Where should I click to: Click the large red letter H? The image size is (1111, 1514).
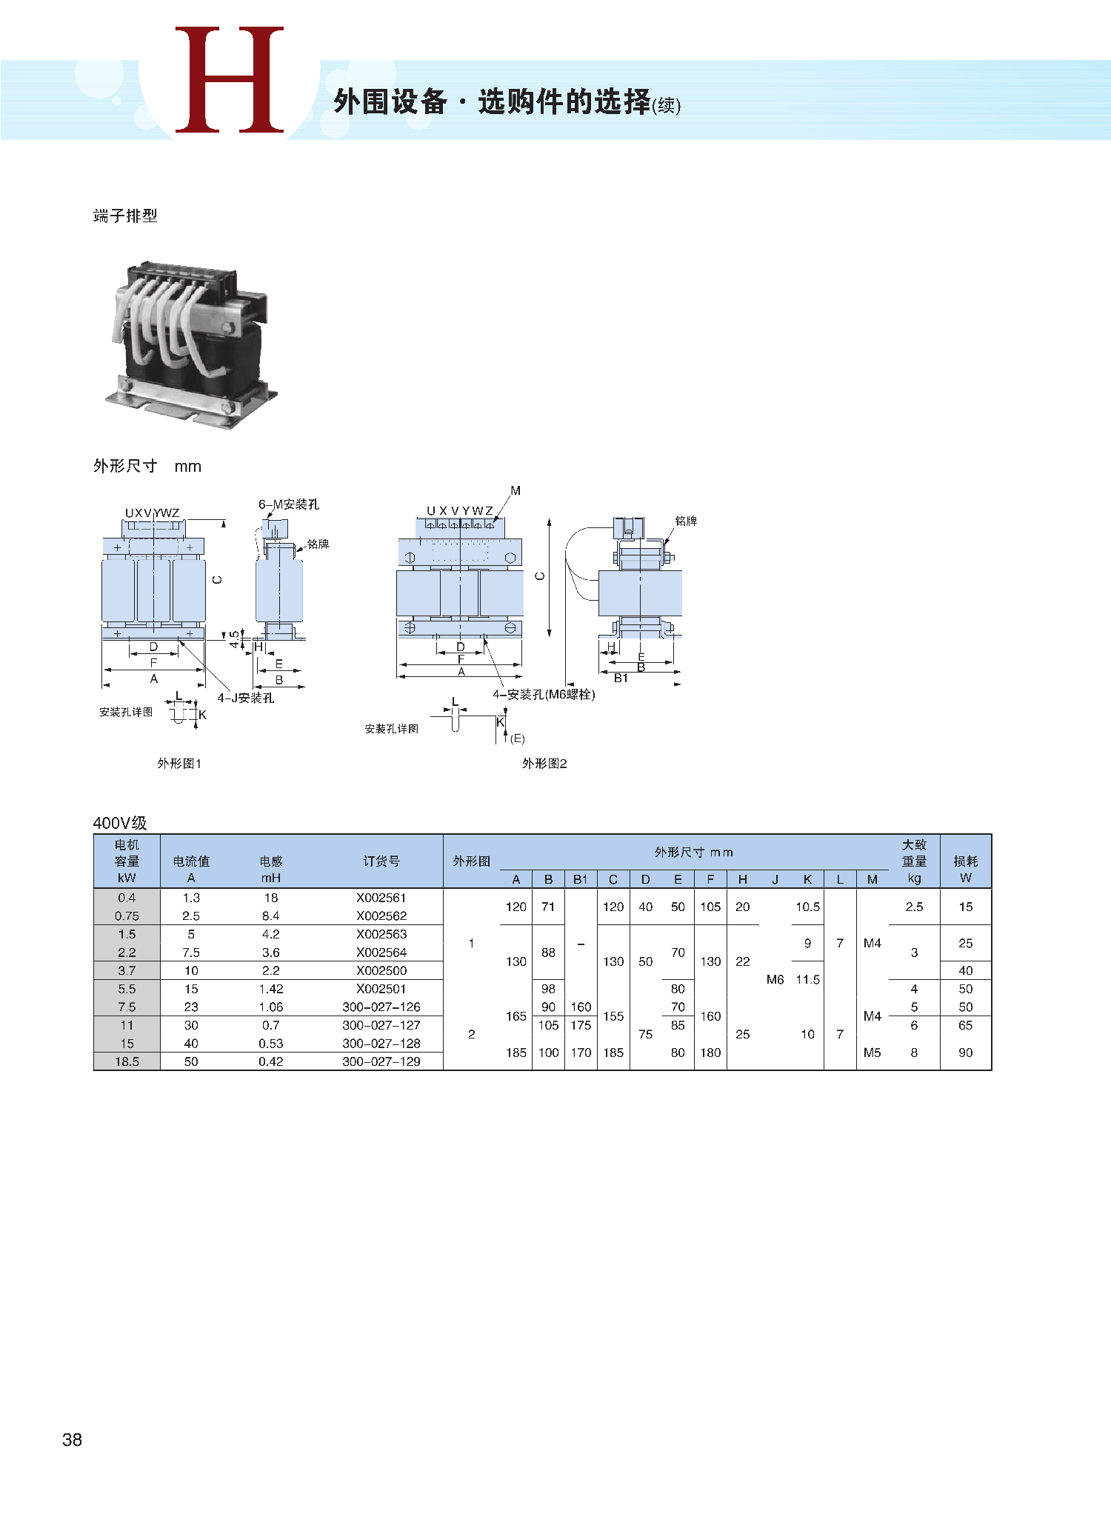(230, 80)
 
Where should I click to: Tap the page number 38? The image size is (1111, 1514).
(72, 1439)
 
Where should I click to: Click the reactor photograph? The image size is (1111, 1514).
(190, 344)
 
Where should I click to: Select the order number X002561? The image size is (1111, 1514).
(381, 898)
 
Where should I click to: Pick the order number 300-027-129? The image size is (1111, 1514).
(381, 1061)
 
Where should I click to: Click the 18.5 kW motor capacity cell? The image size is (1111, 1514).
(127, 1061)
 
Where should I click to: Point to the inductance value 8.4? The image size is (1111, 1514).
(271, 916)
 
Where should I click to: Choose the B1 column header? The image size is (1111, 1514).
(581, 879)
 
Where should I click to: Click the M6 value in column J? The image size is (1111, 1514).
(775, 979)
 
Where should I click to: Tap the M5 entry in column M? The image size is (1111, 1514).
(873, 1053)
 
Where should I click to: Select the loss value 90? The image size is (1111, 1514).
(966, 1053)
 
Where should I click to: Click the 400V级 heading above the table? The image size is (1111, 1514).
(120, 823)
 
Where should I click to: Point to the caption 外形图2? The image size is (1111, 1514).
(544, 764)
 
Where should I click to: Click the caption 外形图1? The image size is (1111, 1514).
(179, 764)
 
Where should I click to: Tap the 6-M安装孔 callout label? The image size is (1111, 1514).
(289, 504)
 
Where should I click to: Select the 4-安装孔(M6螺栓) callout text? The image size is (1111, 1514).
(544, 695)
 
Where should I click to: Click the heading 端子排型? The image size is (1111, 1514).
(125, 216)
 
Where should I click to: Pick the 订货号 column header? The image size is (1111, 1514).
(381, 861)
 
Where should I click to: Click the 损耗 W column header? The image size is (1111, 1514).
(966, 870)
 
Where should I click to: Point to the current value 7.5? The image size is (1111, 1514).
(191, 953)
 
